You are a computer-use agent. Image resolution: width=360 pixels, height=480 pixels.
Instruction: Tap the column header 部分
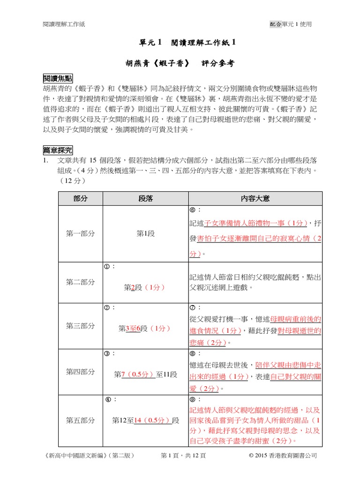point(80,198)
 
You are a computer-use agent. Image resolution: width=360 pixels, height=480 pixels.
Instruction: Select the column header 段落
point(145,198)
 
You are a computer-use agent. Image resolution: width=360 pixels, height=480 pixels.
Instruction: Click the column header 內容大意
point(255,198)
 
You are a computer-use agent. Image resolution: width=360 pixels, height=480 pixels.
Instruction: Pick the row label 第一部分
point(80,233)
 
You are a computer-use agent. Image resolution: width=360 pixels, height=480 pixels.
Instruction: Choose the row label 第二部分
point(80,282)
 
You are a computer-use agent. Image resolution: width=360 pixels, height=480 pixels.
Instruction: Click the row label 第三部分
point(80,326)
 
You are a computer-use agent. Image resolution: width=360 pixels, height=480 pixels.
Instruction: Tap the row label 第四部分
point(80,372)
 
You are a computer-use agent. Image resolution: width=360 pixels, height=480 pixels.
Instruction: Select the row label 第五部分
point(80,420)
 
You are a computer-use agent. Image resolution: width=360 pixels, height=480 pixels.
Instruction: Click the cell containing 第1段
point(145,233)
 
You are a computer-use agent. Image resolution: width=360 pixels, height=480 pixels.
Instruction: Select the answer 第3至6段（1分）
point(145,329)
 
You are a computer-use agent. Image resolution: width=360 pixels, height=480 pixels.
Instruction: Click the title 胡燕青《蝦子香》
point(150,63)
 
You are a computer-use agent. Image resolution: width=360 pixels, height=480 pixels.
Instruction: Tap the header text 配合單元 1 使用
point(291,24)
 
